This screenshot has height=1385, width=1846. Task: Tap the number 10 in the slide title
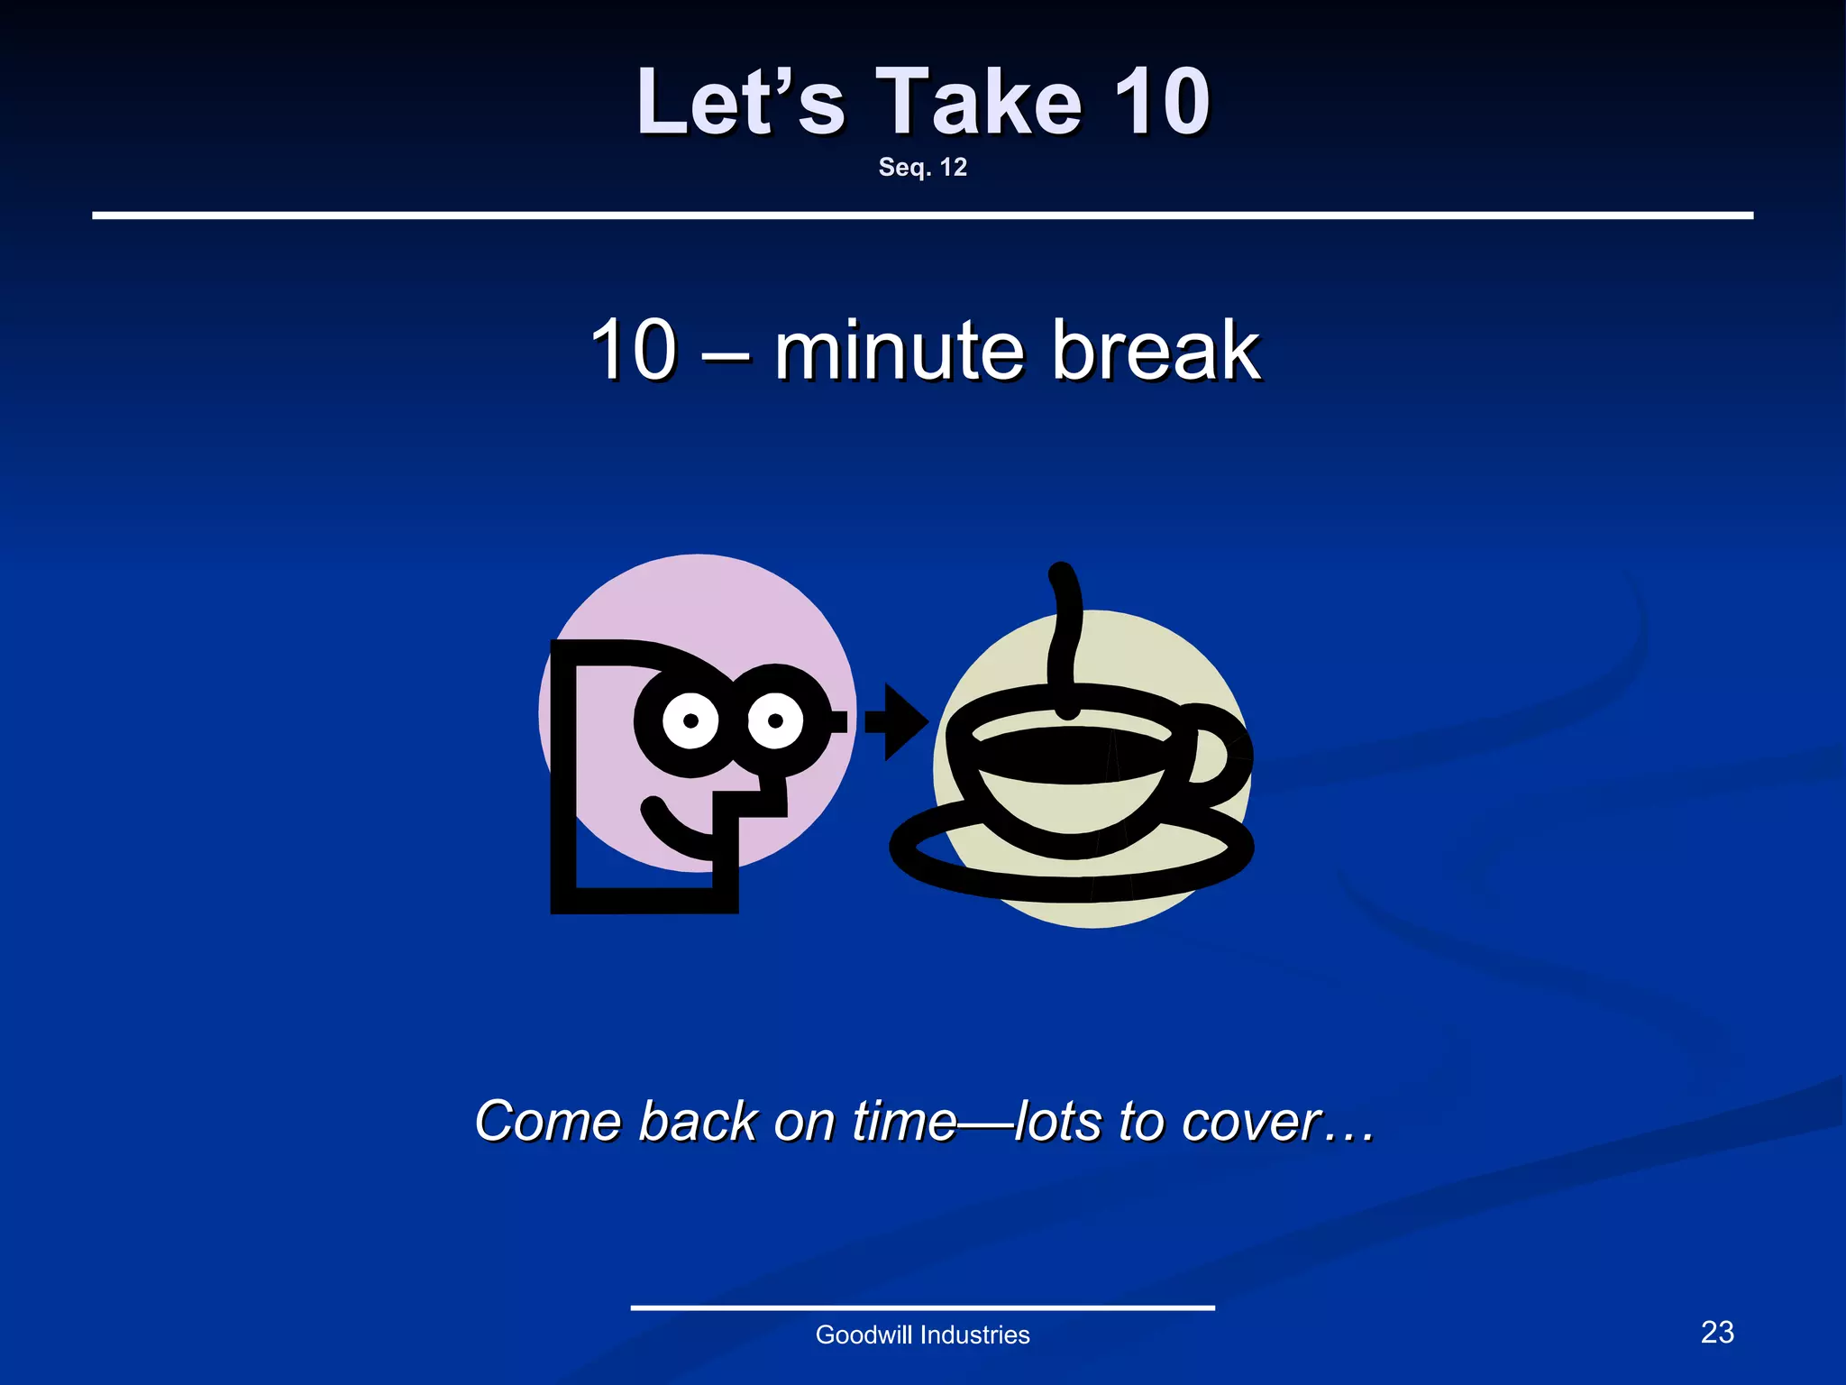tap(1161, 104)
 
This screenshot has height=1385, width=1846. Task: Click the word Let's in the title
tap(740, 104)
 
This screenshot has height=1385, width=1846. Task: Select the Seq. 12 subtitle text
tap(922, 168)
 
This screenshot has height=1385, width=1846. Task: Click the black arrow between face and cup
tap(897, 721)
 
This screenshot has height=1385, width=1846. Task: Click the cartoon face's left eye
tap(691, 720)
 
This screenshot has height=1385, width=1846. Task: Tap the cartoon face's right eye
tap(775, 720)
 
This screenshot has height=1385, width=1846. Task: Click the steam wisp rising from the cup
tap(1065, 631)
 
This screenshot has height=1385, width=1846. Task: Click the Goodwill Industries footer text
tap(922, 1335)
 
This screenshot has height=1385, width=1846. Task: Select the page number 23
tap(1717, 1333)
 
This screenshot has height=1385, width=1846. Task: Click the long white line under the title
tap(922, 216)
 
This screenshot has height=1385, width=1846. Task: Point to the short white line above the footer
tap(922, 1307)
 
